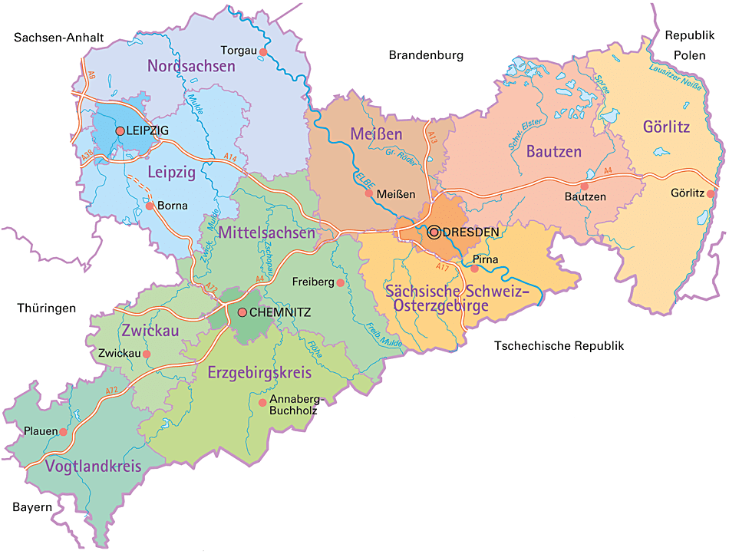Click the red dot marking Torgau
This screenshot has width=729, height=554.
(x=262, y=52)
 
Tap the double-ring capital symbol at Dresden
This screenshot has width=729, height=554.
(x=434, y=232)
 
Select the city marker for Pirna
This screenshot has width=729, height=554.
(x=474, y=269)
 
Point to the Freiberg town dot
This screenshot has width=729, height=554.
(x=341, y=282)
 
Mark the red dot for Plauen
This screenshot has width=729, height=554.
(x=63, y=432)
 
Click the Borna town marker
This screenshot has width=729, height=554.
(x=150, y=206)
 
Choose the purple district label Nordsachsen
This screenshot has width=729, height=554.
(x=191, y=67)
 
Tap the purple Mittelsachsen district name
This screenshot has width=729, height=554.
(x=266, y=231)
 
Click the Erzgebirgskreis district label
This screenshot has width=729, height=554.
(x=259, y=374)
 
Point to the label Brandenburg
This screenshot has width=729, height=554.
(x=426, y=55)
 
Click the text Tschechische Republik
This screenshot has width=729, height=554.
(x=559, y=346)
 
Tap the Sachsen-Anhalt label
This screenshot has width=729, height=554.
(x=58, y=37)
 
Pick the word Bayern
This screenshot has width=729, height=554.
(x=32, y=507)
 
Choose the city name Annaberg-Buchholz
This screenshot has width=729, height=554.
(x=293, y=405)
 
